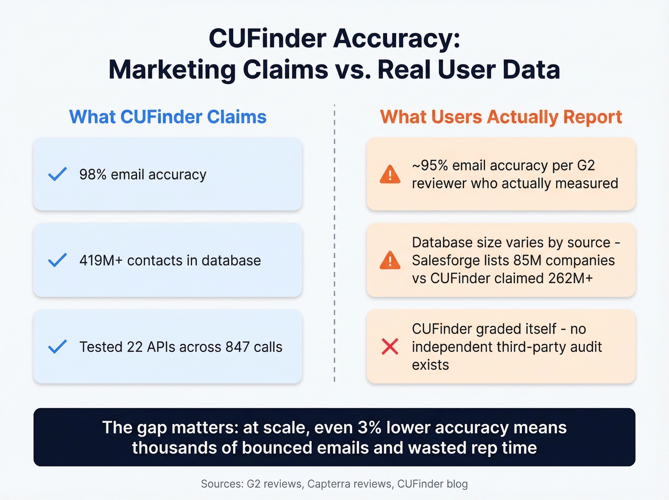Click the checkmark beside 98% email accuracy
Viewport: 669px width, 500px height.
(x=57, y=174)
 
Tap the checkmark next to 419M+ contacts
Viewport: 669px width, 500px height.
(x=57, y=260)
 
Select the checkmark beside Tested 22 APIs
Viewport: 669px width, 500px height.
(x=57, y=346)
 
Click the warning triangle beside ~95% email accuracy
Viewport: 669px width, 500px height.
(x=390, y=175)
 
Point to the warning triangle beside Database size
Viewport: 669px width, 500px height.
(x=390, y=260)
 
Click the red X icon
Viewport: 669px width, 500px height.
(x=390, y=346)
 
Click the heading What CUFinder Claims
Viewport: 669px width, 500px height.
(x=168, y=117)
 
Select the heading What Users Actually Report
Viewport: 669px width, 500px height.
(x=501, y=117)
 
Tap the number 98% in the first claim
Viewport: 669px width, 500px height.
(x=93, y=175)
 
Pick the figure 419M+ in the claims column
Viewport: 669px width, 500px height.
(x=101, y=261)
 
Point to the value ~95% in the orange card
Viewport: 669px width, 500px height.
(x=430, y=166)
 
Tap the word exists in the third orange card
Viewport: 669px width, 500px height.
(x=431, y=365)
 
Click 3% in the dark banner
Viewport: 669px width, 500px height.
(x=369, y=427)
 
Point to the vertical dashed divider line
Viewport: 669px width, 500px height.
(x=334, y=244)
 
